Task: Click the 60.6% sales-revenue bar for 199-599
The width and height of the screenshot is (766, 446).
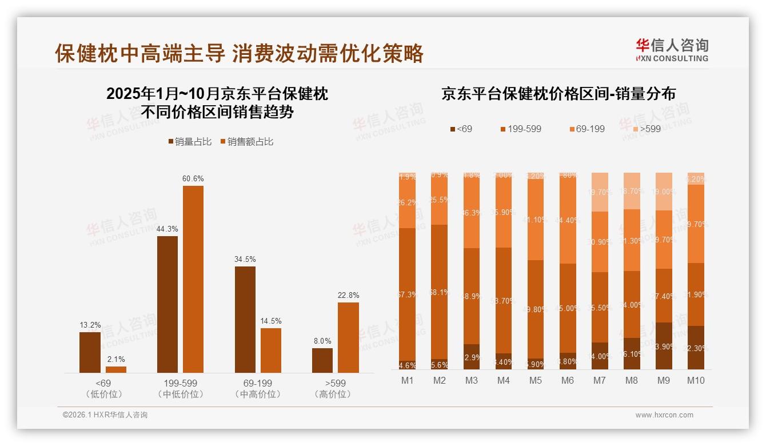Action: pos(193,279)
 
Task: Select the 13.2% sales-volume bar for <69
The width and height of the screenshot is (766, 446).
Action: pos(90,352)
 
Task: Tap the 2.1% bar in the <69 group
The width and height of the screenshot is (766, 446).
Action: pos(116,369)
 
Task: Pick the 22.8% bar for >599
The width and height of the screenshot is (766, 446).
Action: pos(348,337)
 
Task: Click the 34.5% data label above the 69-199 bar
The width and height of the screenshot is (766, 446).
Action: pos(245,259)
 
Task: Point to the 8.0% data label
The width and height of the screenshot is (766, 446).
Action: pos(322,341)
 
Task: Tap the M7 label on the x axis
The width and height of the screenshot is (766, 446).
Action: pos(599,380)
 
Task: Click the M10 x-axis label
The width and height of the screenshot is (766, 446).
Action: pos(695,380)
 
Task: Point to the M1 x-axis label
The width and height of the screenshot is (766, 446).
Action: pos(407,380)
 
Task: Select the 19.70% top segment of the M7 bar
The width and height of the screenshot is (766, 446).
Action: pos(599,192)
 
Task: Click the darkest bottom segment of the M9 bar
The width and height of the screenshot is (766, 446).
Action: pos(663,346)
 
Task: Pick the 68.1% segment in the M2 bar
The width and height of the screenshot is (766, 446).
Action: pos(439,292)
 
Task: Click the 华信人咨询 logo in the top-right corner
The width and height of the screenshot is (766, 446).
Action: pos(672,50)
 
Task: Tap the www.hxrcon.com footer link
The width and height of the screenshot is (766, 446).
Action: pos(664,415)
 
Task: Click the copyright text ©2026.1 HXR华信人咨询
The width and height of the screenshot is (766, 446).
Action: pos(105,415)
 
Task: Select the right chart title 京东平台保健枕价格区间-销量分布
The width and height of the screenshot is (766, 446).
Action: pos(558,94)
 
